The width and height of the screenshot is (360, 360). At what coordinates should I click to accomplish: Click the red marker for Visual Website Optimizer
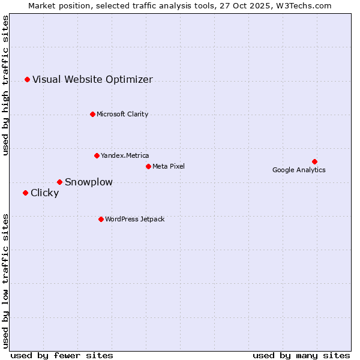pos(27,79)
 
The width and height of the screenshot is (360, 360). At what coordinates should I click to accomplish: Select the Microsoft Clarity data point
pos(92,114)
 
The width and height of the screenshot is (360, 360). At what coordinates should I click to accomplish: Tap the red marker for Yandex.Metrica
pos(97,155)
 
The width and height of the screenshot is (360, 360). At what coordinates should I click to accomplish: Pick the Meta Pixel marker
pos(148,166)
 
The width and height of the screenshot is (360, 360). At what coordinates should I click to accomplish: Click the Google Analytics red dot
pos(314,161)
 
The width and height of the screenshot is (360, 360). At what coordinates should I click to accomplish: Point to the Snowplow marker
pos(59,182)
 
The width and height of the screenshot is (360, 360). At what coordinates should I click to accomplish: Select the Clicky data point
pos(25,193)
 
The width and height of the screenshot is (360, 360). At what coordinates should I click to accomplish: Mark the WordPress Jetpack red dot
pos(101,219)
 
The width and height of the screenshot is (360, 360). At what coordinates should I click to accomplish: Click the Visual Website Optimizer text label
pos(92,79)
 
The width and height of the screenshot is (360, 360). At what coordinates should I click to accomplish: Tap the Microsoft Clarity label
pos(122,114)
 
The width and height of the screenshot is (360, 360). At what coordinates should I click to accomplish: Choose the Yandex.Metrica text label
pos(125,155)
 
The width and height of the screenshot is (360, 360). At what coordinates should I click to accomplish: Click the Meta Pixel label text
pos(169,166)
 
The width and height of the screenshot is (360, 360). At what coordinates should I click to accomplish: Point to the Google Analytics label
pos(299,170)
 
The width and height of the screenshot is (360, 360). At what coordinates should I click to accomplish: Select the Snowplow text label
pos(89,182)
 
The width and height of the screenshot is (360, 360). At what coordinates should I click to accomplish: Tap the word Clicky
pos(45,193)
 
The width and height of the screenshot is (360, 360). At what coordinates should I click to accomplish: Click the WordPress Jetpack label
pos(134,219)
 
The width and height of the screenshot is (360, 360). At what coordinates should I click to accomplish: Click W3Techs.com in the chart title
pos(303,5)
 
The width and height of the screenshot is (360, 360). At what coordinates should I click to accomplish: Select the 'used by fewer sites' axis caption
pos(62,355)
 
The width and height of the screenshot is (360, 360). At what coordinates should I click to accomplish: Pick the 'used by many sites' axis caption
pos(301,355)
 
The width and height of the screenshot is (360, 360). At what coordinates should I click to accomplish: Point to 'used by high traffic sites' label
pos(5,85)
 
